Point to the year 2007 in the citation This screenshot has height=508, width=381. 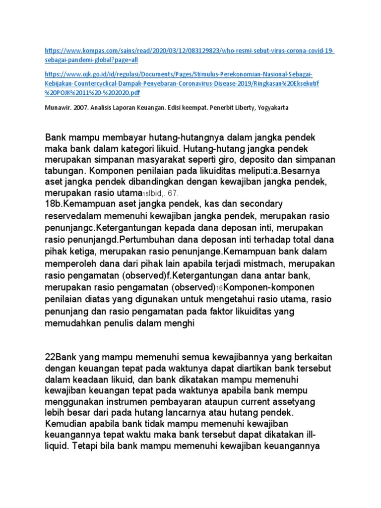[x=81, y=108]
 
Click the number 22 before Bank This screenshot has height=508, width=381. [x=50, y=357]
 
